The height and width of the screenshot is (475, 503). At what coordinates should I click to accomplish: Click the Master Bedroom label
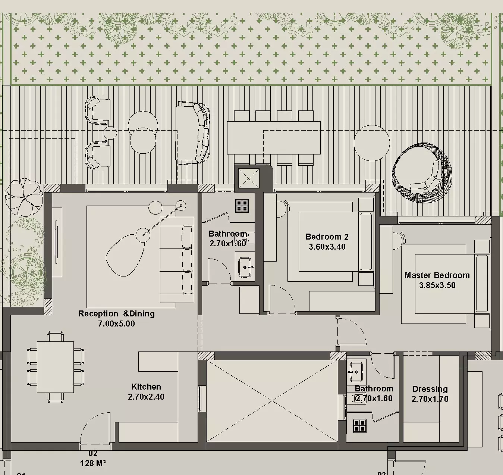coord(437,275)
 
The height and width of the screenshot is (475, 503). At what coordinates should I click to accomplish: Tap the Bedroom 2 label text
coord(327,237)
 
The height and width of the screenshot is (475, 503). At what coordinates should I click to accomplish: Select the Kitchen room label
coord(146,387)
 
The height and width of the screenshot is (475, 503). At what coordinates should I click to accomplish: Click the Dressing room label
coord(430,389)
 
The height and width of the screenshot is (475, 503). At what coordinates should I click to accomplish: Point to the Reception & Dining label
coord(116,314)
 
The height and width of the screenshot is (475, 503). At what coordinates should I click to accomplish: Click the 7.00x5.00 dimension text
coord(116,324)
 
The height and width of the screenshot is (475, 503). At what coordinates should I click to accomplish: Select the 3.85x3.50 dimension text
coord(437,285)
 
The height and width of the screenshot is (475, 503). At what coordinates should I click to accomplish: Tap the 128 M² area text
coord(93,463)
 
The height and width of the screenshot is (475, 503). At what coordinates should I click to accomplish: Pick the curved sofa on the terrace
coord(193,133)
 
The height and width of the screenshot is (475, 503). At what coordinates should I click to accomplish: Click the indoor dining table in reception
coord(55,367)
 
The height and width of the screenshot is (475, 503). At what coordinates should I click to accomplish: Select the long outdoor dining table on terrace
coord(274,138)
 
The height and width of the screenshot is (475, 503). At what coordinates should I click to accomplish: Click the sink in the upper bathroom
coord(245,267)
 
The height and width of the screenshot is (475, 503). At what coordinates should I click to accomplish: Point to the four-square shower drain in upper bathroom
coord(242,206)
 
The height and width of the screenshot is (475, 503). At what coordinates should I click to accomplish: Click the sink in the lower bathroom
coord(356,372)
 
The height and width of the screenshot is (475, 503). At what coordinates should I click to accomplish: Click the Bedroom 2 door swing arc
coord(283,299)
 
